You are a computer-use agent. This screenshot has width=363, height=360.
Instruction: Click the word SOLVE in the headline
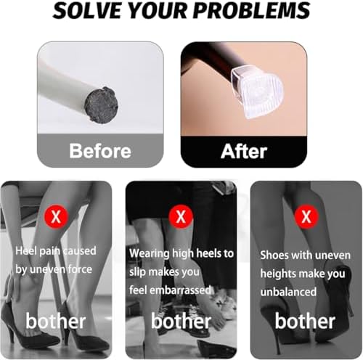[87, 11]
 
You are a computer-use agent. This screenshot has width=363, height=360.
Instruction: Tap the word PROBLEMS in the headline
[252, 11]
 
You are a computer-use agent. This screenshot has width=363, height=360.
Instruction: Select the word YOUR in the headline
[158, 11]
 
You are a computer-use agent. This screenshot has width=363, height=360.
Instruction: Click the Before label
[100, 151]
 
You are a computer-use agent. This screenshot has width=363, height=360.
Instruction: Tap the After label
[244, 152]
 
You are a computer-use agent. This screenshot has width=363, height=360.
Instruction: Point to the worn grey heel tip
[102, 105]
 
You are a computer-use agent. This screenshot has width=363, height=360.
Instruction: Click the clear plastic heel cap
[256, 93]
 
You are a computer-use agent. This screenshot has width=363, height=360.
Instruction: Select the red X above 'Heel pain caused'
[56, 216]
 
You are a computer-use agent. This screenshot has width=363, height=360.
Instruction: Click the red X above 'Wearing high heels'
[181, 216]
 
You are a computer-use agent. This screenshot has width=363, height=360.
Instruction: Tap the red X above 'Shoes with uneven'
[306, 216]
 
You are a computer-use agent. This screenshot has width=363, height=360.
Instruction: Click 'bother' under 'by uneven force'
[56, 321]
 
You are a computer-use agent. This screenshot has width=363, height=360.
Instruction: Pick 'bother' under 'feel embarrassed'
[181, 321]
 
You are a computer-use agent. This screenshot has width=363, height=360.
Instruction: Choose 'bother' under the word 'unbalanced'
[305, 321]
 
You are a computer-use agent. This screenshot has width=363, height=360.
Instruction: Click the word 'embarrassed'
[180, 290]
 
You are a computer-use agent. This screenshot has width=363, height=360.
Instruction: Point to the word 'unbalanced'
[288, 292]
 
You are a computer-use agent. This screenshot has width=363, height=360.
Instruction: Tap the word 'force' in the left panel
[80, 269]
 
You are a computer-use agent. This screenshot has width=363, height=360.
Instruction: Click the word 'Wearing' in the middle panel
[150, 253]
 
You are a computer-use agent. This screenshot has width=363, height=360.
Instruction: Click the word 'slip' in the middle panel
[137, 272]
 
